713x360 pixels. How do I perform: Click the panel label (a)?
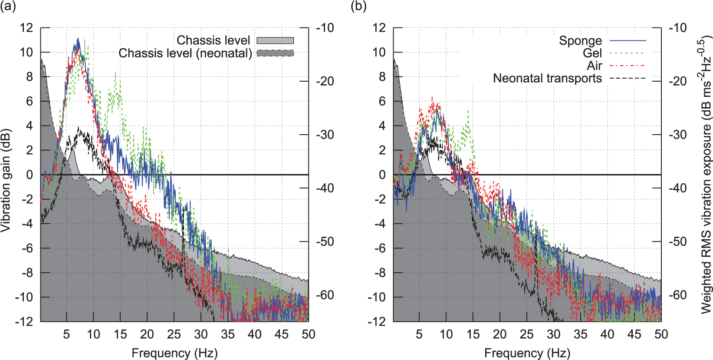(x=8, y=7)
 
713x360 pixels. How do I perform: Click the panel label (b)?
(x=358, y=7)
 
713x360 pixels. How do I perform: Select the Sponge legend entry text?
(x=580, y=41)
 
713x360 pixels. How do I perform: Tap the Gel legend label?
(x=592, y=53)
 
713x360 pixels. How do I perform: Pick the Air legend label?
(x=594, y=66)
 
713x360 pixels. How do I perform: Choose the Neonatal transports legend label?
(x=548, y=78)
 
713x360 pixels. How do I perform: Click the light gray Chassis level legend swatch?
(x=275, y=40)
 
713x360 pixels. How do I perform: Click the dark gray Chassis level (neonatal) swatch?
(x=275, y=53)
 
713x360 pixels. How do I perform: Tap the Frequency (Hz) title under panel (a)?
(x=174, y=353)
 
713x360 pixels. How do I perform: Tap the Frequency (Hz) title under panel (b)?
(x=527, y=353)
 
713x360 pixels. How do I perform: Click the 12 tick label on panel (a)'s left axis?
(x=26, y=28)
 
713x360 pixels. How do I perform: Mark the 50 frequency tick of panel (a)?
(x=309, y=334)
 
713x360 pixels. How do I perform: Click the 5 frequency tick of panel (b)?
(x=419, y=334)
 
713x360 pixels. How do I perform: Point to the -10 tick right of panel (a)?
(x=325, y=28)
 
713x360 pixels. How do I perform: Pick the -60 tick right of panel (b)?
(x=678, y=295)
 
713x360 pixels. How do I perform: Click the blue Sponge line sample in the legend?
(x=628, y=41)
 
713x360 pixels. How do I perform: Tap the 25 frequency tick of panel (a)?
(x=174, y=334)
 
